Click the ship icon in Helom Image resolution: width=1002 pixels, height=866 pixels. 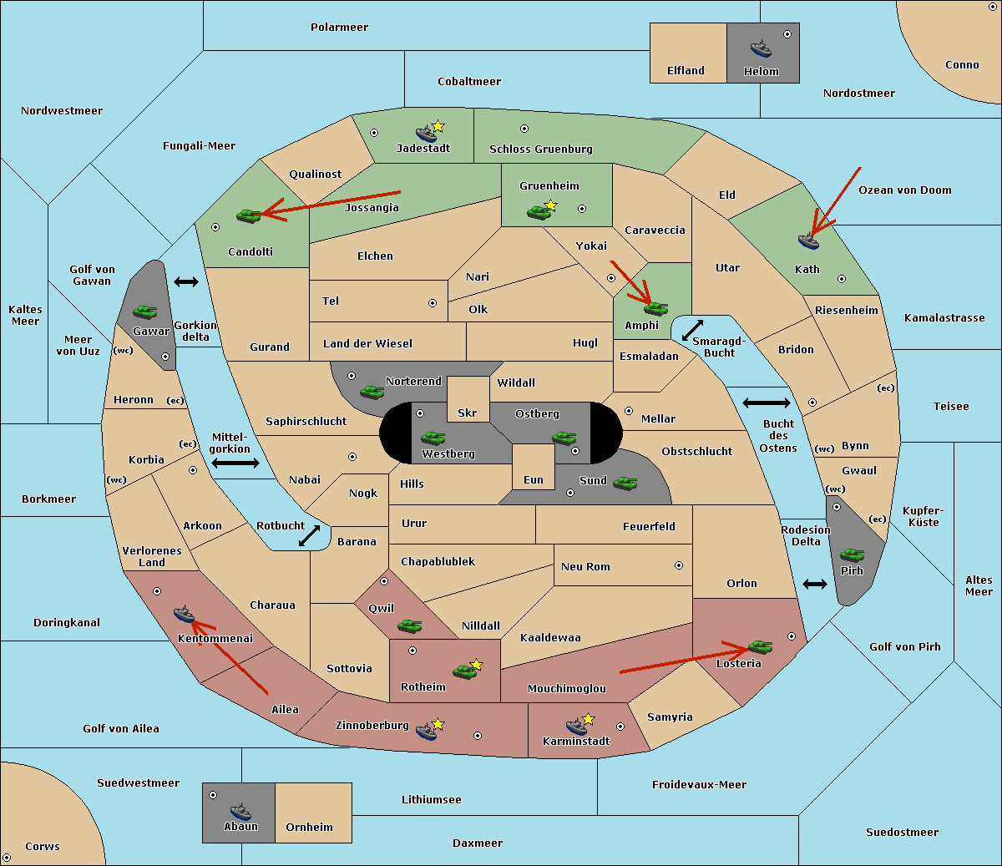pos(761,48)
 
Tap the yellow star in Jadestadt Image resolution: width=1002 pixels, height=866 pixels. pos(438,127)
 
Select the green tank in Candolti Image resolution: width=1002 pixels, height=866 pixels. pos(248,215)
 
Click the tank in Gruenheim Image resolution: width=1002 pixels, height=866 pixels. pos(539,212)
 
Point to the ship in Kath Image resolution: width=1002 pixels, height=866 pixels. pos(808,241)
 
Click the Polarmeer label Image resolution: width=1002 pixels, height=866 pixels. pos(339,28)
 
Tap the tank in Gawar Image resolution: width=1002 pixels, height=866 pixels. pos(145,311)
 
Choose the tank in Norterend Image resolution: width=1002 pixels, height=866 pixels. pos(372,392)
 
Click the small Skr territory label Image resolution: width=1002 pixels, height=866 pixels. pos(467,413)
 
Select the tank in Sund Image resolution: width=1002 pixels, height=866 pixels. pos(625,483)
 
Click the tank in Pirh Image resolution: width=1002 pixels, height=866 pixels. pos(852,555)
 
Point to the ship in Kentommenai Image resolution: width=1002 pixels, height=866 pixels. pos(184,614)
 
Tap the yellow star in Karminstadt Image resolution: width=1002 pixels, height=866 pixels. pos(588,719)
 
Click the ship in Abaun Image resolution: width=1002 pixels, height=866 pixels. pos(241,811)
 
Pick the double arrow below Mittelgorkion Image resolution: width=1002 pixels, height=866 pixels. pos(235,463)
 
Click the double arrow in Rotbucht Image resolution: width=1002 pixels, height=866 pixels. pos(309,535)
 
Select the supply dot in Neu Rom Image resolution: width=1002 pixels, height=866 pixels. pos(679,565)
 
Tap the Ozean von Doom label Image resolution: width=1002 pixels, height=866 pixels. pos(904,190)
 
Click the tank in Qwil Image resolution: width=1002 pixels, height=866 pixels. pos(410,625)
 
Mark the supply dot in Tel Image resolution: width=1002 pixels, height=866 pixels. pos(433,303)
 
